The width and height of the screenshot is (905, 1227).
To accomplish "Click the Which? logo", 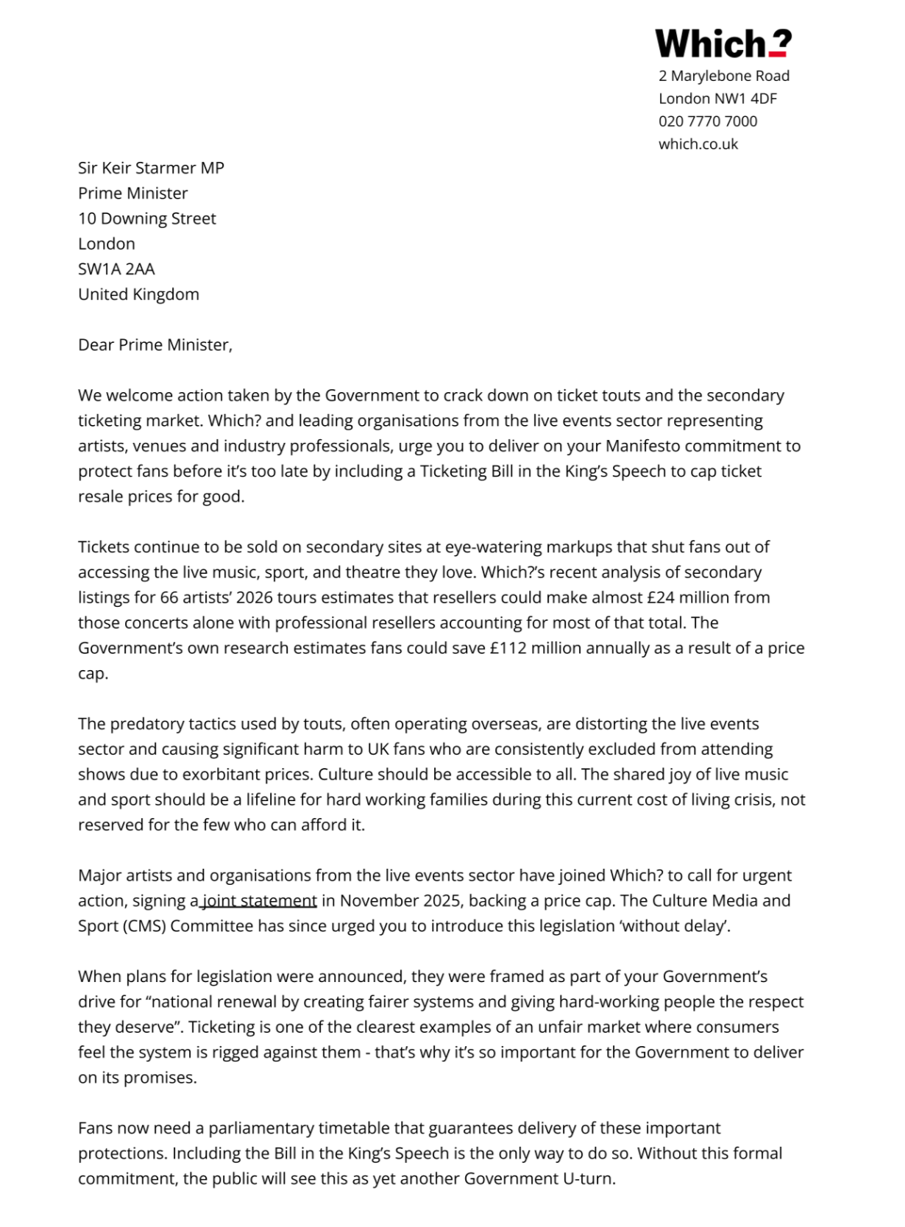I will point(723,43).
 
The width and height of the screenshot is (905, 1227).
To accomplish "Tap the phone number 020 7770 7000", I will point(707,121).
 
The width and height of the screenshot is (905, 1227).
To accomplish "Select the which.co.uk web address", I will point(698,144).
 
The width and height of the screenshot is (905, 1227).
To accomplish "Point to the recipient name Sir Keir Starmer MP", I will point(151,168).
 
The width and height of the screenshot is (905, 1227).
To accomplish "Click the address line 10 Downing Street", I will point(147,218).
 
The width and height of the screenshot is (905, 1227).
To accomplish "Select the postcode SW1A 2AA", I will point(116,269).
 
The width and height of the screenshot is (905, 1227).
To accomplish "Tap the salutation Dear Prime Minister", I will point(155,345).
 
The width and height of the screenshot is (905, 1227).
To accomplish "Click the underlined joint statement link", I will point(259,901).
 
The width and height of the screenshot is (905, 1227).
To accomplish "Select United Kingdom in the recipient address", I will point(138,294).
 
